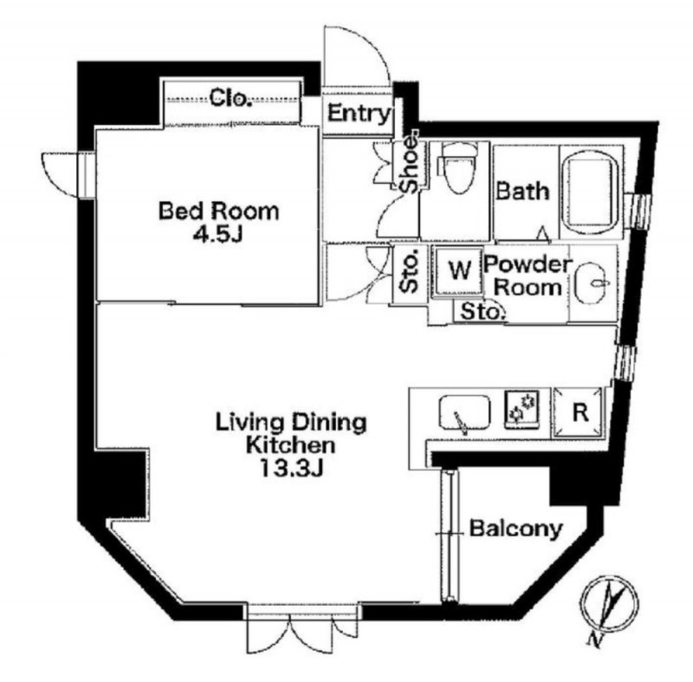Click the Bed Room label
(219, 211)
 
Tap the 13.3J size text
(291, 469)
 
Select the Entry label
(359, 114)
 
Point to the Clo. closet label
(230, 98)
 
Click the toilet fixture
(458, 168)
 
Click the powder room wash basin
(593, 283)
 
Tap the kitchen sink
(464, 412)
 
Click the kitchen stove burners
(523, 409)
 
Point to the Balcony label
(515, 529)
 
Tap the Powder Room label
(528, 276)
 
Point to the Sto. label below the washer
(483, 312)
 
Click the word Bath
(522, 191)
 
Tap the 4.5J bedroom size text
(218, 234)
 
